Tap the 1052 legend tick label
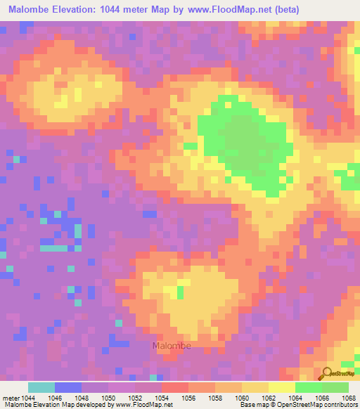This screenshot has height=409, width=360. tap(135, 397)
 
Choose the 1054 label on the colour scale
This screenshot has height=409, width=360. tap(162, 397)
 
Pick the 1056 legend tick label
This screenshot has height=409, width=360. tap(188, 397)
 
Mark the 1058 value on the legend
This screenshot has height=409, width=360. tap(215, 397)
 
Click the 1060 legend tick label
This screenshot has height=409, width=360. tap(242, 397)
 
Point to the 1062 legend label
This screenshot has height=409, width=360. tap(269, 397)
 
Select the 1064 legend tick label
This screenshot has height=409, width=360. tap(295, 397)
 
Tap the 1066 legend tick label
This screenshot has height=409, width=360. tap(322, 397)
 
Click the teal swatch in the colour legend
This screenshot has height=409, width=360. tap(41, 387)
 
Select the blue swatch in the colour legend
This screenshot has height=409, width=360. tap(68, 387)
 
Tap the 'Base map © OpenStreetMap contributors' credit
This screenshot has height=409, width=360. tap(297, 405)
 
